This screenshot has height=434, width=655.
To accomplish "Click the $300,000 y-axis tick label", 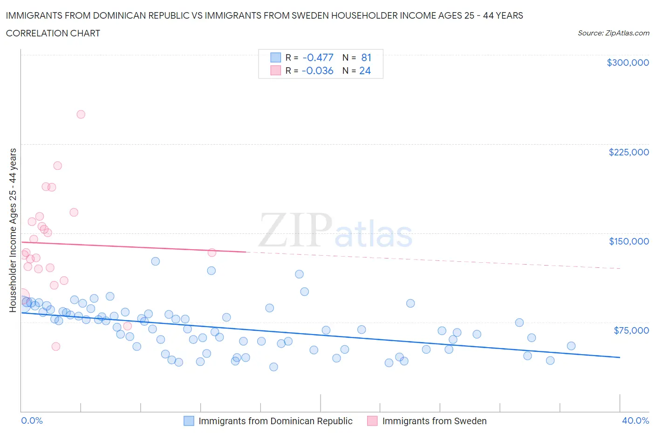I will click(x=628, y=63).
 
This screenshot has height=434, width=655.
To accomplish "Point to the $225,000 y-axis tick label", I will click(x=628, y=152).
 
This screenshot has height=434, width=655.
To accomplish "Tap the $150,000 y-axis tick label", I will click(x=628, y=241).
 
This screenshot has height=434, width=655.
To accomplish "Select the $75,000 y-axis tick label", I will click(x=631, y=330).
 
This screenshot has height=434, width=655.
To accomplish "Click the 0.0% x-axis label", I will click(x=32, y=420).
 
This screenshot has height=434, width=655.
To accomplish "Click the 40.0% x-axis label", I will click(x=635, y=420).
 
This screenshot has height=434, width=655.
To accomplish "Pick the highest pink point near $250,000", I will click(x=81, y=114).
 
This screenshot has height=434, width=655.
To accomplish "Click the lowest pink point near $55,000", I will click(x=56, y=346).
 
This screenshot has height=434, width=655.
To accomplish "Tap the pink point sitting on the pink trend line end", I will click(x=212, y=252).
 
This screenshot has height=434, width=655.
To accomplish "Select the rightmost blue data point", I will click(x=571, y=346).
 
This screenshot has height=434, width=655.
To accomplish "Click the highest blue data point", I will click(x=156, y=261).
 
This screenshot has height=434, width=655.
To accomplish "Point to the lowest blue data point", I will click(x=273, y=367).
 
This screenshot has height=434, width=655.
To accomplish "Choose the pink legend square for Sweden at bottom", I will click(x=372, y=421).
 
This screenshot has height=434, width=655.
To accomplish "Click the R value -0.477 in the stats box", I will click(x=318, y=57).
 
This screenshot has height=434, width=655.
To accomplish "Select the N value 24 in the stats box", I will click(x=365, y=70).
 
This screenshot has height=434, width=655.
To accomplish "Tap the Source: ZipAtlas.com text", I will click(x=613, y=33).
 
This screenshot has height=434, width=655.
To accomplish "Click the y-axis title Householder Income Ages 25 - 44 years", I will click(x=13, y=230).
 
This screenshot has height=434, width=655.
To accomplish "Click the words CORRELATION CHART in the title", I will click(x=53, y=33).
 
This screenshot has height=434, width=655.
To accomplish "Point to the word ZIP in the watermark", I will click(x=295, y=231).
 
